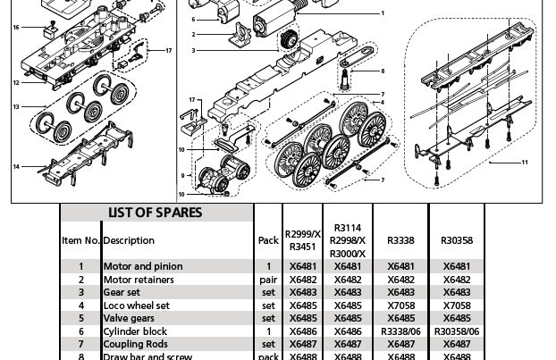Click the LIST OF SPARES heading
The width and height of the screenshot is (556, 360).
pyautogui.click(x=156, y=213)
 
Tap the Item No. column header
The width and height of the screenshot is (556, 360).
pyautogui.click(x=80, y=240)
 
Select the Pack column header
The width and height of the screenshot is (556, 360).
pyautogui.click(x=268, y=240)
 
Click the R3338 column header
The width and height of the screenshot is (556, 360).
pyautogui.click(x=400, y=240)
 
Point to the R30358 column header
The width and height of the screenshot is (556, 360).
pyautogui.click(x=457, y=240)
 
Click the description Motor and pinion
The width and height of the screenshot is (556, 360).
pyautogui.click(x=143, y=266)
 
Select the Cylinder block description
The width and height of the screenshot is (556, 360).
pyautogui.click(x=135, y=331)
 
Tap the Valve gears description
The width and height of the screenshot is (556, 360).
pyautogui.click(x=129, y=318)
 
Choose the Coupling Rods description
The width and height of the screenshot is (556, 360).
pyautogui.click(x=135, y=344)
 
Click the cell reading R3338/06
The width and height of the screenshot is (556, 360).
pyautogui.click(x=400, y=331)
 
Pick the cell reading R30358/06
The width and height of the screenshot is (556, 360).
pyautogui.click(x=457, y=331)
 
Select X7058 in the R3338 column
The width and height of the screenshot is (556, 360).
pyautogui.click(x=400, y=306)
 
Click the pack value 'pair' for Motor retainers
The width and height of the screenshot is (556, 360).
pyautogui.click(x=268, y=280)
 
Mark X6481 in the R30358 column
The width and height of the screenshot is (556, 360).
pyautogui.click(x=457, y=266)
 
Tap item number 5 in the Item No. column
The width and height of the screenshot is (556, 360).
pyautogui.click(x=80, y=318)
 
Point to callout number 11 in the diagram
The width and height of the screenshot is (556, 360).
pyautogui.click(x=525, y=163)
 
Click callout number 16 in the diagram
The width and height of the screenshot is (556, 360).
pyautogui.click(x=16, y=28)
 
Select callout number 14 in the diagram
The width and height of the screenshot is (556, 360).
pyautogui.click(x=16, y=167)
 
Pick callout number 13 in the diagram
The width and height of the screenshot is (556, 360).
pyautogui.click(x=16, y=107)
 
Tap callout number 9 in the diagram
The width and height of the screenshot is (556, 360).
pyautogui.click(x=182, y=176)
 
